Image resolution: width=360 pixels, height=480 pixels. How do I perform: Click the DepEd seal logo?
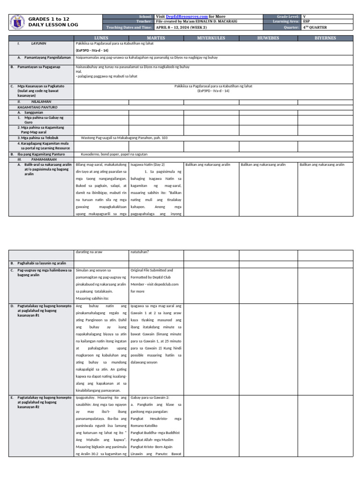click(17, 22)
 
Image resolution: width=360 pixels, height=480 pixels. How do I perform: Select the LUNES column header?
click(101, 38)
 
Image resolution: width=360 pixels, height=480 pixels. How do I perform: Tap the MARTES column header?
click(156, 38)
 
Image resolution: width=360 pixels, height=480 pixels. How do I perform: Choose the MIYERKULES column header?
click(211, 38)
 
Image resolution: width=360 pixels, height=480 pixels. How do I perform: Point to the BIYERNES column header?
click(325, 38)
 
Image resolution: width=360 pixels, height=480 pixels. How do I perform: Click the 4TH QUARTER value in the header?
click(315, 27)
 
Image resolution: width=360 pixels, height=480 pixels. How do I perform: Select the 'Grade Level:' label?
click(288, 16)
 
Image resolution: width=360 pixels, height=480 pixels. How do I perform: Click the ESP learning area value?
click(307, 22)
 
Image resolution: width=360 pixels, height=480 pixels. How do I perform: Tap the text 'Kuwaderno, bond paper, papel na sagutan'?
click(114, 154)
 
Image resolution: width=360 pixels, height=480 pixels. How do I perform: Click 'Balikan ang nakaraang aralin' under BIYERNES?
click(322, 165)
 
